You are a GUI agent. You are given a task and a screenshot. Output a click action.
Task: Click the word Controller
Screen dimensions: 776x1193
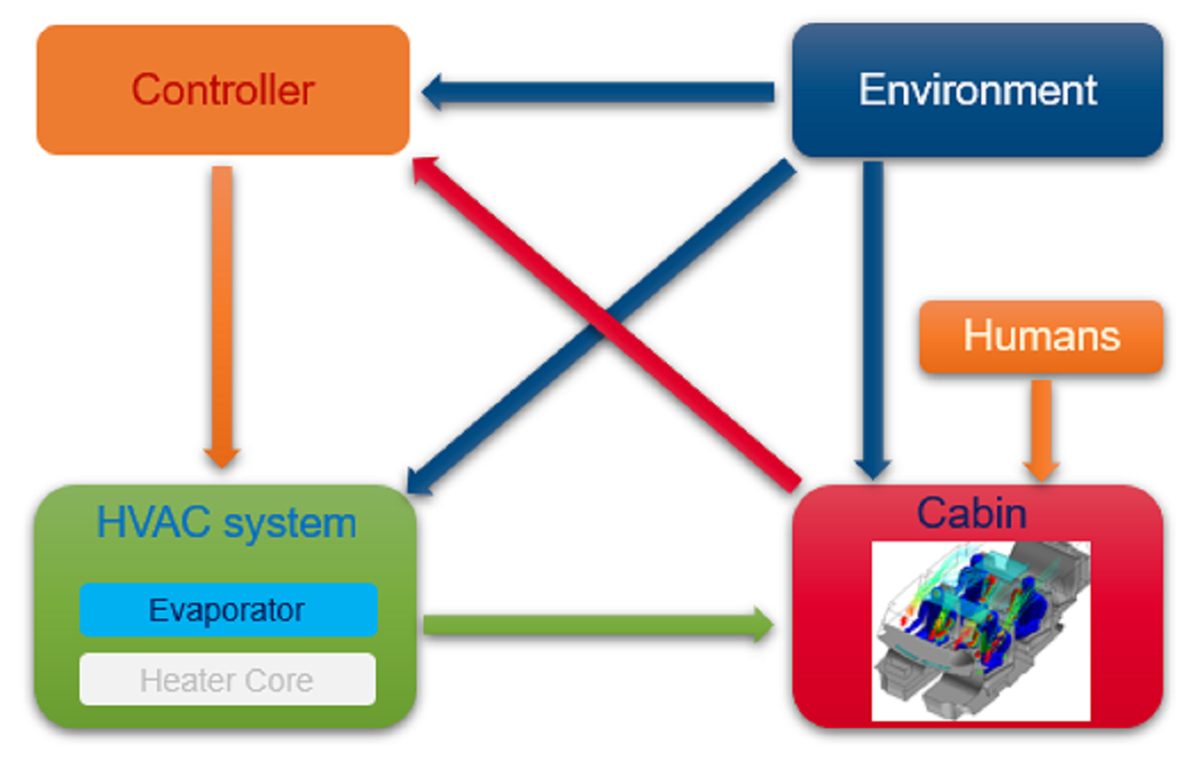(x=223, y=91)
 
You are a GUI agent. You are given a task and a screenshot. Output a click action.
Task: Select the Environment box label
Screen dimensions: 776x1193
(x=977, y=90)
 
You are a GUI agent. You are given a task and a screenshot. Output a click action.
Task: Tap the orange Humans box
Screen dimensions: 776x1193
(x=1041, y=336)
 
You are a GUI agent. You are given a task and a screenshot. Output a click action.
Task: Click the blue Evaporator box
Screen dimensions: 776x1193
(x=228, y=609)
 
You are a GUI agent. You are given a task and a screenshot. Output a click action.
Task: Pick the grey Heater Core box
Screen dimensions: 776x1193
(x=227, y=680)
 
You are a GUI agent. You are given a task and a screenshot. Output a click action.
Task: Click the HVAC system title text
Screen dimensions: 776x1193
(x=227, y=522)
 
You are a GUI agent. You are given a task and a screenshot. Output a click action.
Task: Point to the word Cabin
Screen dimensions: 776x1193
(x=971, y=513)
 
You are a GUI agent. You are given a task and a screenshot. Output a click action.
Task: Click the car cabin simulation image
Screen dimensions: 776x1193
(x=980, y=631)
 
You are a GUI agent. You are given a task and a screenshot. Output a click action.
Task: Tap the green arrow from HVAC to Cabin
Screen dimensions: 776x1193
(x=596, y=625)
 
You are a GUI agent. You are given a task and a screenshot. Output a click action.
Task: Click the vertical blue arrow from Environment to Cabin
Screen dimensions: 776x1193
(x=873, y=318)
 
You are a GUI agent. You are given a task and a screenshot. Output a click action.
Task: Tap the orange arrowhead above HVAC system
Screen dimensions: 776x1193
(x=222, y=456)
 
